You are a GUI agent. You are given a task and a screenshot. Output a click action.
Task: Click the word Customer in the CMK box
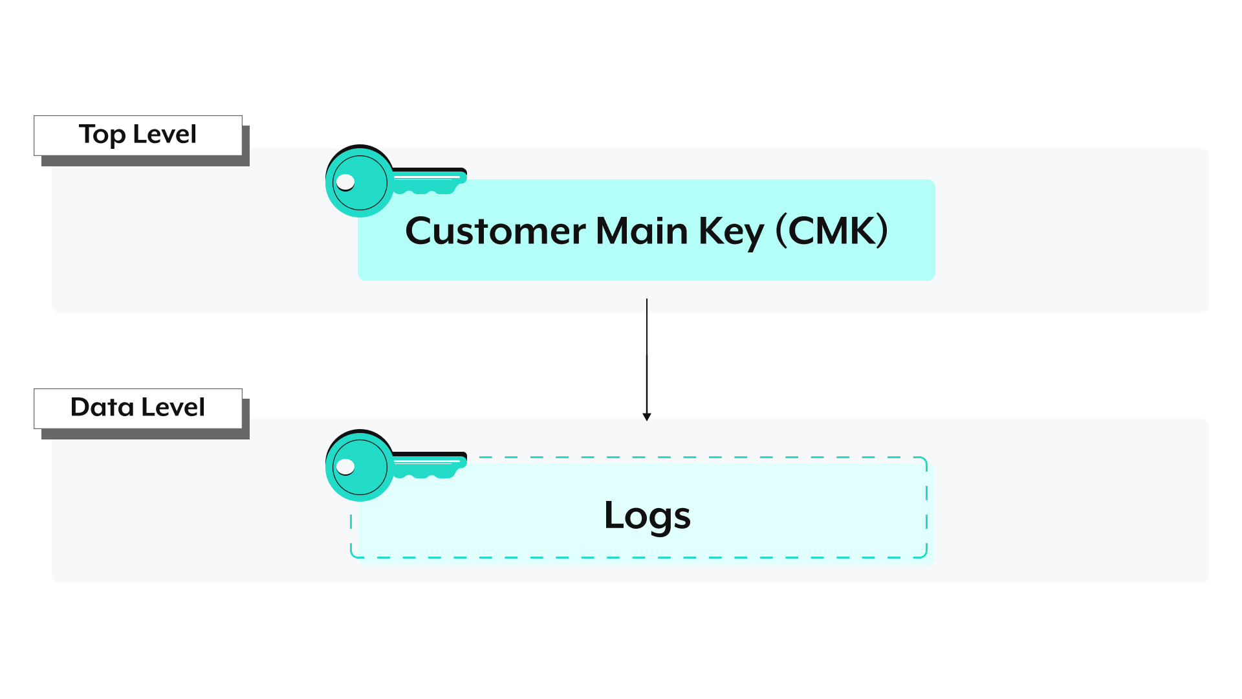[x=496, y=231]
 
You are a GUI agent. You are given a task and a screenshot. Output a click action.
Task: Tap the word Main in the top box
[x=642, y=231]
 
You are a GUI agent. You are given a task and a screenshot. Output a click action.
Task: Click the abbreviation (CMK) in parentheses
[x=832, y=231]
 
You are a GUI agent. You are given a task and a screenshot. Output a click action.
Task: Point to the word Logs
[x=647, y=516]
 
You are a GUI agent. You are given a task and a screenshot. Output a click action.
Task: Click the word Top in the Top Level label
[x=102, y=135]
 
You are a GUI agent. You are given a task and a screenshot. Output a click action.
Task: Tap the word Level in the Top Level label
[x=164, y=135]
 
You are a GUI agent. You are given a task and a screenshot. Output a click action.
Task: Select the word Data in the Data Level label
[x=102, y=408]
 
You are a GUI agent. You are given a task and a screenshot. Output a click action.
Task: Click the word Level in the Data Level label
[x=173, y=408]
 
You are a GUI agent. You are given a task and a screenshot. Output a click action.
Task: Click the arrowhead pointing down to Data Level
[x=647, y=417]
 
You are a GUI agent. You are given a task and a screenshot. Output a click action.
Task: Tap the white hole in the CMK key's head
[x=345, y=182]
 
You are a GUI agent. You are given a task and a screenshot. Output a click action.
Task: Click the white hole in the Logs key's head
[x=345, y=467]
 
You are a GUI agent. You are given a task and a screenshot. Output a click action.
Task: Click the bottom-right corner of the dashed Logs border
[x=925, y=555]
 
